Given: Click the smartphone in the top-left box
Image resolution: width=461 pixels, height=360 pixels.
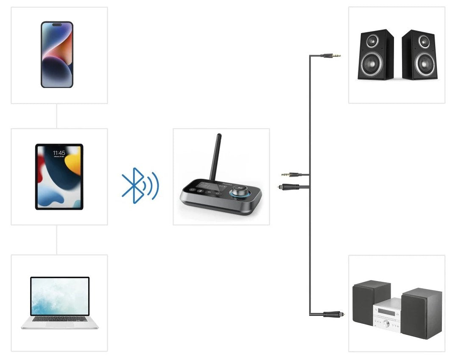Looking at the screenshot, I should [57, 55].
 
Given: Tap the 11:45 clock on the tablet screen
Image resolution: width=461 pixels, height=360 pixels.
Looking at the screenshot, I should [59, 153].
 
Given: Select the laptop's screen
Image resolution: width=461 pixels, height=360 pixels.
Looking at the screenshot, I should [60, 296].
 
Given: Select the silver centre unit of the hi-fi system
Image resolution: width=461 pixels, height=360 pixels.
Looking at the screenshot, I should [387, 313].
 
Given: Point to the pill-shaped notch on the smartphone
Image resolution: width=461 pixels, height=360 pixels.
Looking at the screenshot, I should [57, 25].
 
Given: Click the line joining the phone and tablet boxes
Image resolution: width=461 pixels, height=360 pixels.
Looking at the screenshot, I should [57, 116].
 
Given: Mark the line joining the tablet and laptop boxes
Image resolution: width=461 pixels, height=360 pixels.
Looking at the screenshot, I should [57, 240].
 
